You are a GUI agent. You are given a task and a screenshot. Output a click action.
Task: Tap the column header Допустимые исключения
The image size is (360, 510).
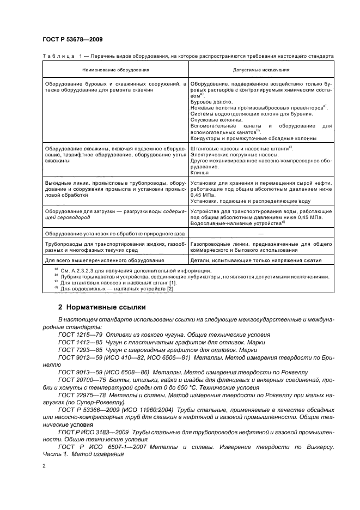pyautogui.click(x=261, y=70)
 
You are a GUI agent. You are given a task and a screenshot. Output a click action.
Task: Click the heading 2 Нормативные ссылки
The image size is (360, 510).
pyautogui.click(x=102, y=307)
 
